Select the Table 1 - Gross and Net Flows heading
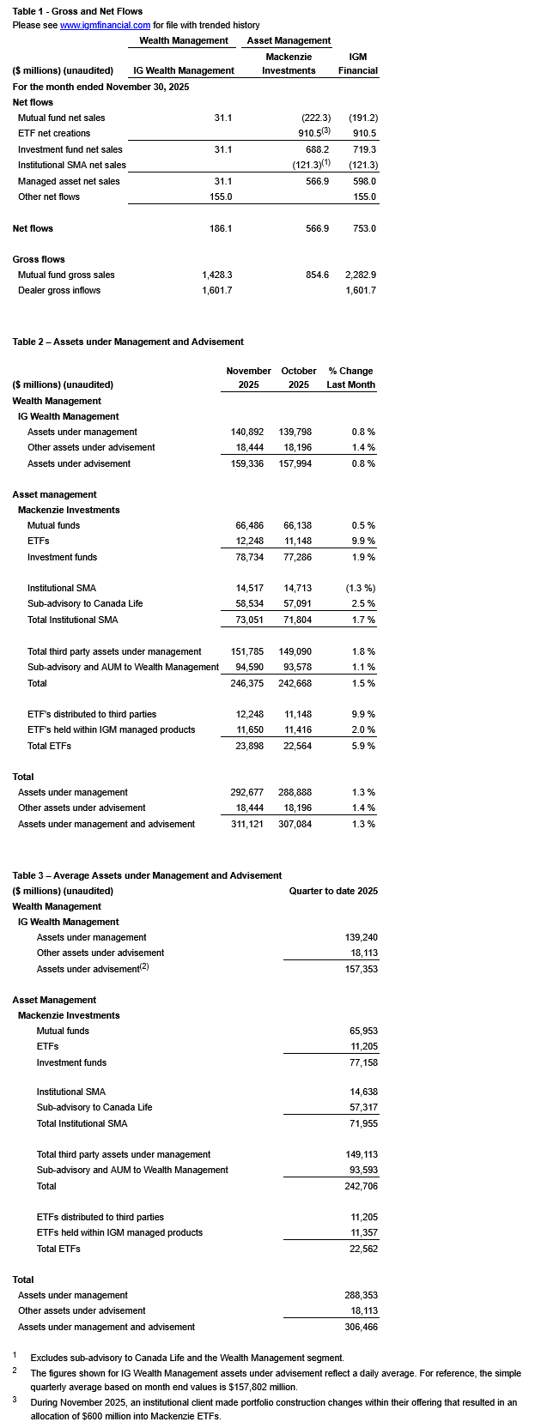[x=77, y=11]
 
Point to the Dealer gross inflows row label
[x=59, y=291]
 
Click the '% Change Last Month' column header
[x=350, y=378]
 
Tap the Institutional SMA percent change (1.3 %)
[x=360, y=588]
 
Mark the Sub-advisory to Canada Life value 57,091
[x=298, y=603]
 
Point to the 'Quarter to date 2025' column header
[x=333, y=891]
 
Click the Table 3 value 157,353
[x=361, y=969]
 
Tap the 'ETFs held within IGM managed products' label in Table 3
[x=119, y=1232]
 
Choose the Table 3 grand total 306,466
[x=361, y=1327]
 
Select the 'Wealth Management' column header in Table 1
[x=184, y=40]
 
